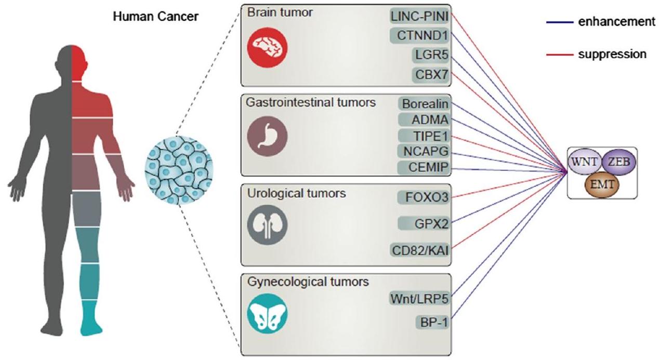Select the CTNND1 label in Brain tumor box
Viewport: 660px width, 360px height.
pos(420,35)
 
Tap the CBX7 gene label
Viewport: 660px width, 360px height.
pos(431,74)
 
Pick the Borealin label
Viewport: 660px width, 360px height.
pos(425,104)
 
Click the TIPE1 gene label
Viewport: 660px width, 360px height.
pos(424,136)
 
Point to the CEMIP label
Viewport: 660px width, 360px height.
pos(424,167)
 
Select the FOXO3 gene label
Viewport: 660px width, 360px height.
pos(424,198)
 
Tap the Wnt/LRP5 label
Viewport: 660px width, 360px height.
pos(420,299)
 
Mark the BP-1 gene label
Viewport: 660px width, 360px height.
pos(432,322)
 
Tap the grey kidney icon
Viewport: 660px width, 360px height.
pos(267,224)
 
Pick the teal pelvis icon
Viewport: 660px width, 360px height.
pos(267,312)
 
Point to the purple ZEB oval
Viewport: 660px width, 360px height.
pos(618,162)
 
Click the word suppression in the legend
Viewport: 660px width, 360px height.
pos(612,54)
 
